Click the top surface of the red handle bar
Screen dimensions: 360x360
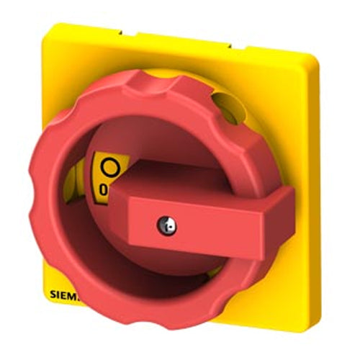click(x=194, y=176)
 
